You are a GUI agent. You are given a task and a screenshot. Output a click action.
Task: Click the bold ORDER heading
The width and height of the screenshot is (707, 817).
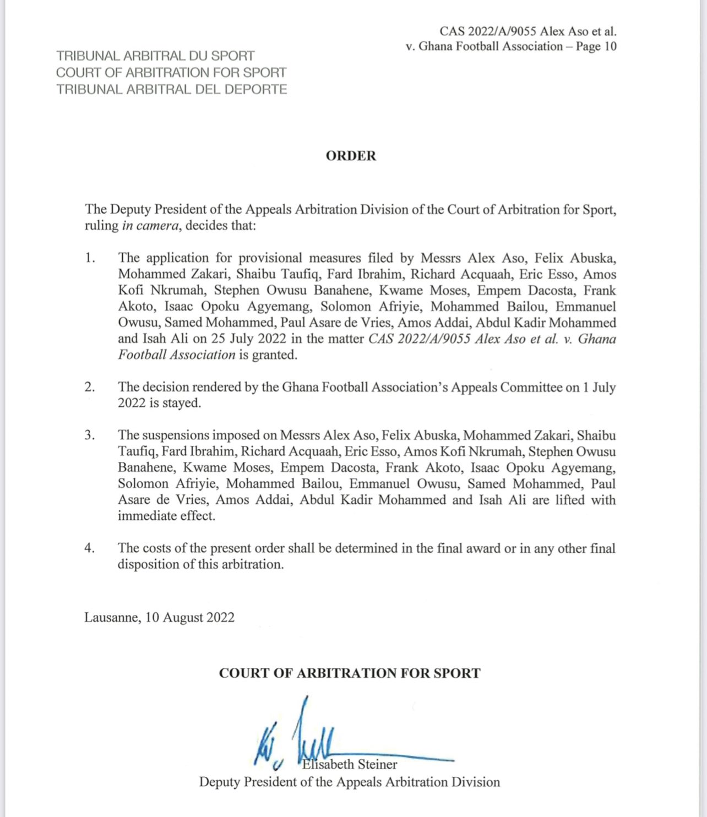click(x=351, y=156)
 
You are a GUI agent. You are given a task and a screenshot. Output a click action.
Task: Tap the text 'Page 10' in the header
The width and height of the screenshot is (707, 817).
click(x=596, y=46)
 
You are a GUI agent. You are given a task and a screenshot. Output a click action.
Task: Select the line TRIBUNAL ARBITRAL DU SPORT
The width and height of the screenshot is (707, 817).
click(x=155, y=56)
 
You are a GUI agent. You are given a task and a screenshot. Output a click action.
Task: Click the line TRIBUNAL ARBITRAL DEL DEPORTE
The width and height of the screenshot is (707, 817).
click(x=172, y=89)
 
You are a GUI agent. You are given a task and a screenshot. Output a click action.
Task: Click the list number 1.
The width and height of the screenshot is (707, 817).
click(x=90, y=258)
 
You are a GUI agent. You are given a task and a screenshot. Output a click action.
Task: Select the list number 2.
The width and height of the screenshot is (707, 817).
click(x=90, y=387)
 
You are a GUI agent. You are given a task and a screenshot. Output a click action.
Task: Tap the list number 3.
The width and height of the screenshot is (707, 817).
click(x=90, y=435)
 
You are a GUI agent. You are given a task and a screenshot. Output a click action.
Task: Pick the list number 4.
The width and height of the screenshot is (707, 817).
click(x=90, y=548)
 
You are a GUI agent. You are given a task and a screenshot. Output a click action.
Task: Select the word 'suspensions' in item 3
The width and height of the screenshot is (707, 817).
click(x=173, y=435)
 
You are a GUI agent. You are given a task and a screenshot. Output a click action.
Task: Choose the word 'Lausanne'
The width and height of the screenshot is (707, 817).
click(x=112, y=617)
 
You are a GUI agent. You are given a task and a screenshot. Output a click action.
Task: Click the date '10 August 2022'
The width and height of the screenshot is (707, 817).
click(x=189, y=617)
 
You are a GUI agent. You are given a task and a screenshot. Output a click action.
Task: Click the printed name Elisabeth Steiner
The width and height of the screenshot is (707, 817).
click(x=350, y=764)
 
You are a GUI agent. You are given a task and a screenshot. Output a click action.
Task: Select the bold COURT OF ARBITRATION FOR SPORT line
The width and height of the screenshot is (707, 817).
click(x=350, y=673)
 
